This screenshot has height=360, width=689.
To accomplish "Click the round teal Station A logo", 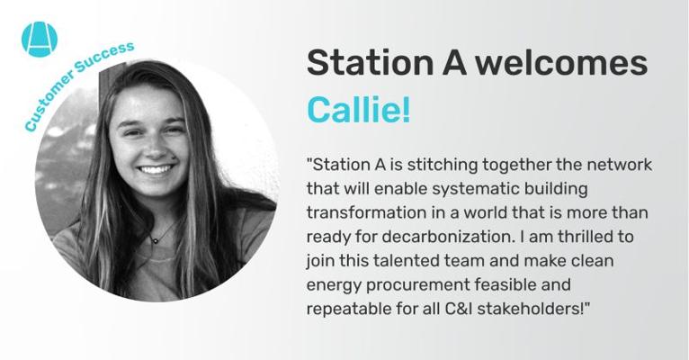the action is [40, 40].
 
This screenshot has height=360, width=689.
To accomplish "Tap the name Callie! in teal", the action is [359, 110].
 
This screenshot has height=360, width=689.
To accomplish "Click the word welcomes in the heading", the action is [562, 62].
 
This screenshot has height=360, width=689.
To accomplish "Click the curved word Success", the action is [104, 58].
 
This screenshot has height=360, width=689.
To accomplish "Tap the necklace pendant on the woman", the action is [154, 240].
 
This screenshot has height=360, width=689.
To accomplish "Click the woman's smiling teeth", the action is [156, 169].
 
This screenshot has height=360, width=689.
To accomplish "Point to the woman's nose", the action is [154, 147].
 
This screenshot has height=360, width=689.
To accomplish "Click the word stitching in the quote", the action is [436, 166].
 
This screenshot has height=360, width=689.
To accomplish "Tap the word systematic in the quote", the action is [476, 190].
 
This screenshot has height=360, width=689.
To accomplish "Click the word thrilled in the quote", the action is [587, 237].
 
